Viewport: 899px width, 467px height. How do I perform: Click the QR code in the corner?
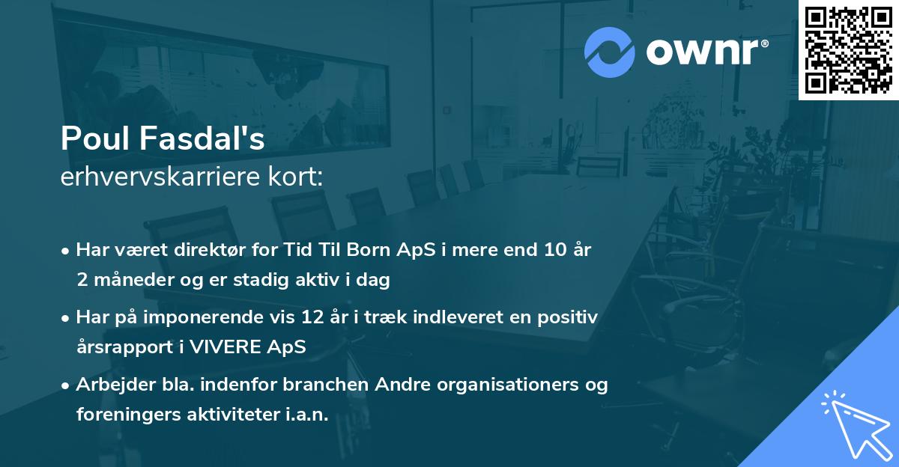point(848,49)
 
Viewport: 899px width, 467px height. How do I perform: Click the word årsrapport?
point(121,347)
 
